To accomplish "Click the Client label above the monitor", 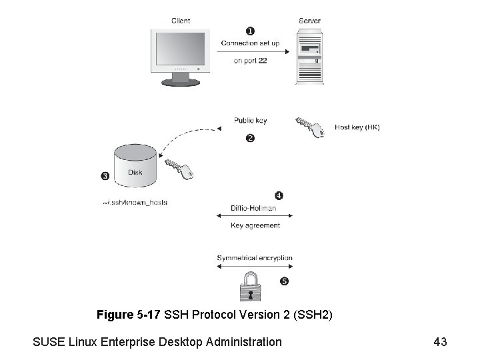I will point(181,21).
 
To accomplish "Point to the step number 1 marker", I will point(250,31).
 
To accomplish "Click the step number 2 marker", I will point(250,138).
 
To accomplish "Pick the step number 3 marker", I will point(105,176).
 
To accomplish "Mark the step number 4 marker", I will point(279,195).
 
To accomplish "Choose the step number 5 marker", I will point(284,281).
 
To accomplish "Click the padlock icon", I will point(251,287).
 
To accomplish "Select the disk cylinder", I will point(135,167).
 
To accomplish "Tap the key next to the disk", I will point(180,168).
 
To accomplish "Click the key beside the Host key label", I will point(310,125).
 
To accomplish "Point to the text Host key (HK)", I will point(357,127).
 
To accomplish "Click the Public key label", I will point(250,121).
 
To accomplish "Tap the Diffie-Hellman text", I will point(253,208).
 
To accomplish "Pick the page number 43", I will point(440,342).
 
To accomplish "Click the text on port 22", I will point(250,61).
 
